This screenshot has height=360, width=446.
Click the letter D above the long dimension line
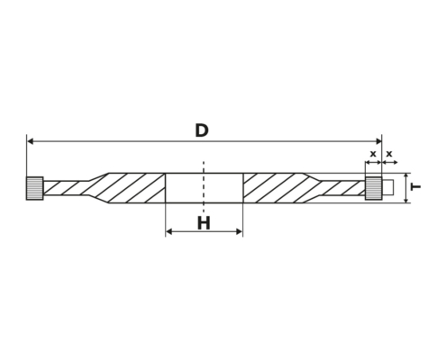pyautogui.click(x=202, y=130)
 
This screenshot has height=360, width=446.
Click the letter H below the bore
pyautogui.click(x=204, y=223)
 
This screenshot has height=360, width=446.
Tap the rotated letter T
pyautogui.click(x=415, y=187)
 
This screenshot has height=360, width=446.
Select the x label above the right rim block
pyautogui.click(x=373, y=154)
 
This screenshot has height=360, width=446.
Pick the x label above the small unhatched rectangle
pyautogui.click(x=389, y=154)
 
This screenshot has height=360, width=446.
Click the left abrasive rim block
pyautogui.click(x=35, y=188)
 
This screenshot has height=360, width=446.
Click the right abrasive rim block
pyautogui.click(x=374, y=188)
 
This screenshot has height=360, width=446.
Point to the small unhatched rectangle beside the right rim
pyautogui.click(x=388, y=188)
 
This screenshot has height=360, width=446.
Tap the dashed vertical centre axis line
pyautogui.click(x=204, y=187)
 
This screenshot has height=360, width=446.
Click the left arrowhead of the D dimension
pyautogui.click(x=30, y=141)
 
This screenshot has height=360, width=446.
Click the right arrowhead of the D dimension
pyautogui.click(x=378, y=141)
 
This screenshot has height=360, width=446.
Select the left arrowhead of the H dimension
pyautogui.click(x=169, y=231)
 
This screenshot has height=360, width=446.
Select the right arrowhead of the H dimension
pyautogui.click(x=239, y=231)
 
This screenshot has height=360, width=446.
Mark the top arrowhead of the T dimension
pyautogui.click(x=406, y=176)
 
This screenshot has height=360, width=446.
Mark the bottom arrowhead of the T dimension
pyautogui.click(x=406, y=200)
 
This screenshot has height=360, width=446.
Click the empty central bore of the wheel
pyautogui.click(x=205, y=188)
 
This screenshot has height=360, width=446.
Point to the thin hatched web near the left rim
pyautogui.click(x=66, y=188)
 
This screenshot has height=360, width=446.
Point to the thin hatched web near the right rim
pyautogui.click(x=342, y=188)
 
